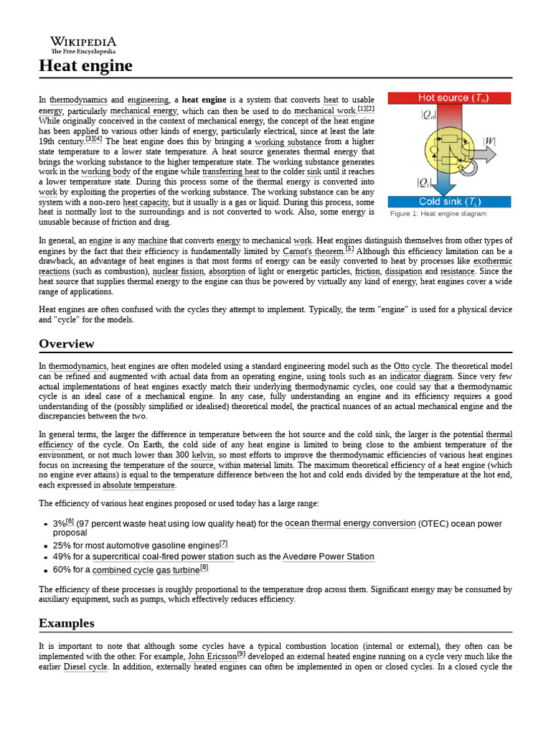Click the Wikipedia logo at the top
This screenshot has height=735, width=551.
click(83, 45)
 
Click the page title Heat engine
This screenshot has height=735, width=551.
click(85, 66)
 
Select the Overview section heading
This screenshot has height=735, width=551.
click(67, 344)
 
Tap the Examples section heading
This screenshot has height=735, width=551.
click(67, 623)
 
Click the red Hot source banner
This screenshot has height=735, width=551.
click(448, 98)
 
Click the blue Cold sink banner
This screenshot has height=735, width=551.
click(448, 202)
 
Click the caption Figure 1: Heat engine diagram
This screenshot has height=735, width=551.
click(438, 214)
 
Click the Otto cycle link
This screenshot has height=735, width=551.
click(411, 366)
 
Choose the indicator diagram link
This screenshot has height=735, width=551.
click(421, 376)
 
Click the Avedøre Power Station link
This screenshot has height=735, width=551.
click(328, 556)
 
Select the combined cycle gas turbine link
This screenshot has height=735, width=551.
click(146, 570)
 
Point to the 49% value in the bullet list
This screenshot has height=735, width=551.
click(62, 556)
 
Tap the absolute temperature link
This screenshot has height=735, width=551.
click(138, 485)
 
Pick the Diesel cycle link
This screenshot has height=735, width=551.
click(85, 667)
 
